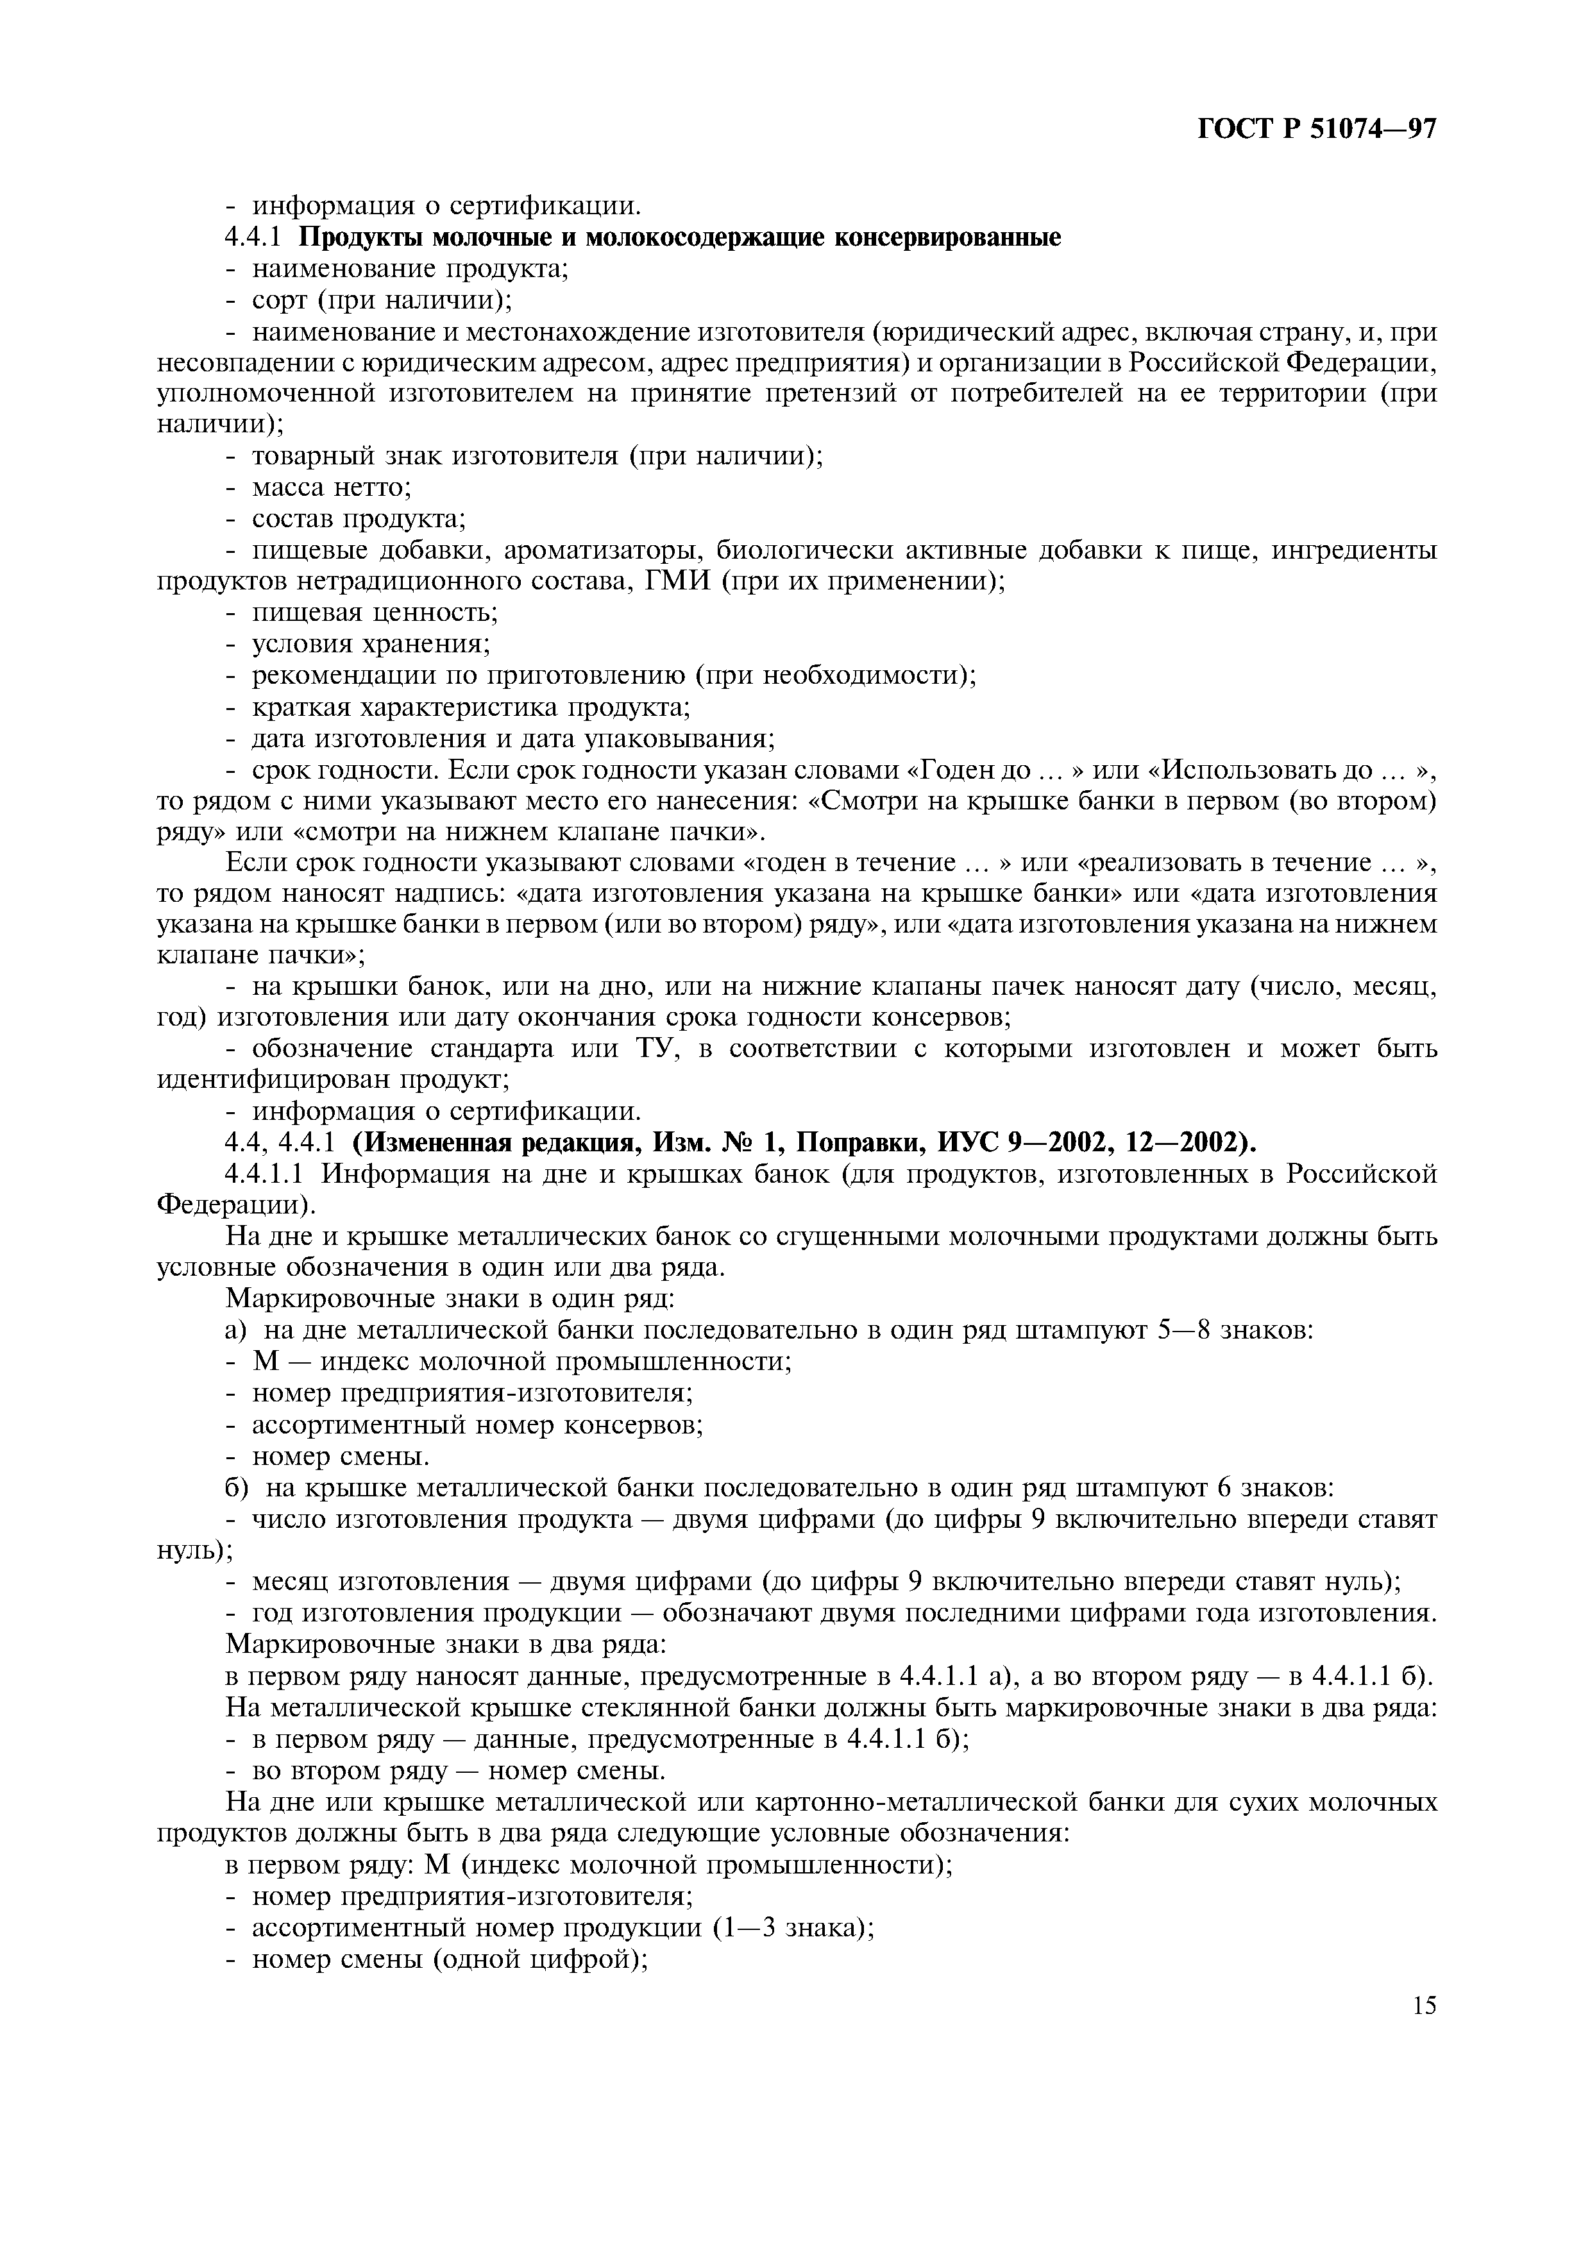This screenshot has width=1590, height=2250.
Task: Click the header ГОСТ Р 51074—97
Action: pyautogui.click(x=1317, y=130)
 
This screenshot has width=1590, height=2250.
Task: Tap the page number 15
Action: pyautogui.click(x=1423, y=2004)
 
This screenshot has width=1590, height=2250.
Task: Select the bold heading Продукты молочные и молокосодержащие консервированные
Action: pyautogui.click(x=680, y=238)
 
